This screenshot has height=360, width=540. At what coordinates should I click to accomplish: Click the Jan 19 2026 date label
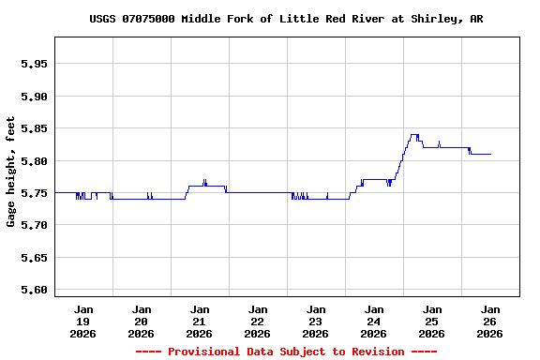[x=83, y=321]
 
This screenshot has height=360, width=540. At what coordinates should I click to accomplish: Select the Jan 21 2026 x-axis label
[x=199, y=321]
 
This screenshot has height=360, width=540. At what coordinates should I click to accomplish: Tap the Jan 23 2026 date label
[x=315, y=321]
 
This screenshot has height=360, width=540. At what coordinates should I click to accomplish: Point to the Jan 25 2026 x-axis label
[x=431, y=321]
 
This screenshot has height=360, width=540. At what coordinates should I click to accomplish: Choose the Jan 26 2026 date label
[x=489, y=321]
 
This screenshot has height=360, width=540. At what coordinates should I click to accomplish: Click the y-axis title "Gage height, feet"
[x=11, y=172]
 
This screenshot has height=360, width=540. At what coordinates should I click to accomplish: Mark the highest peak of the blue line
[x=413, y=134]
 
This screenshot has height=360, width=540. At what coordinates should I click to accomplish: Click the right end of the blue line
[x=490, y=154]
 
